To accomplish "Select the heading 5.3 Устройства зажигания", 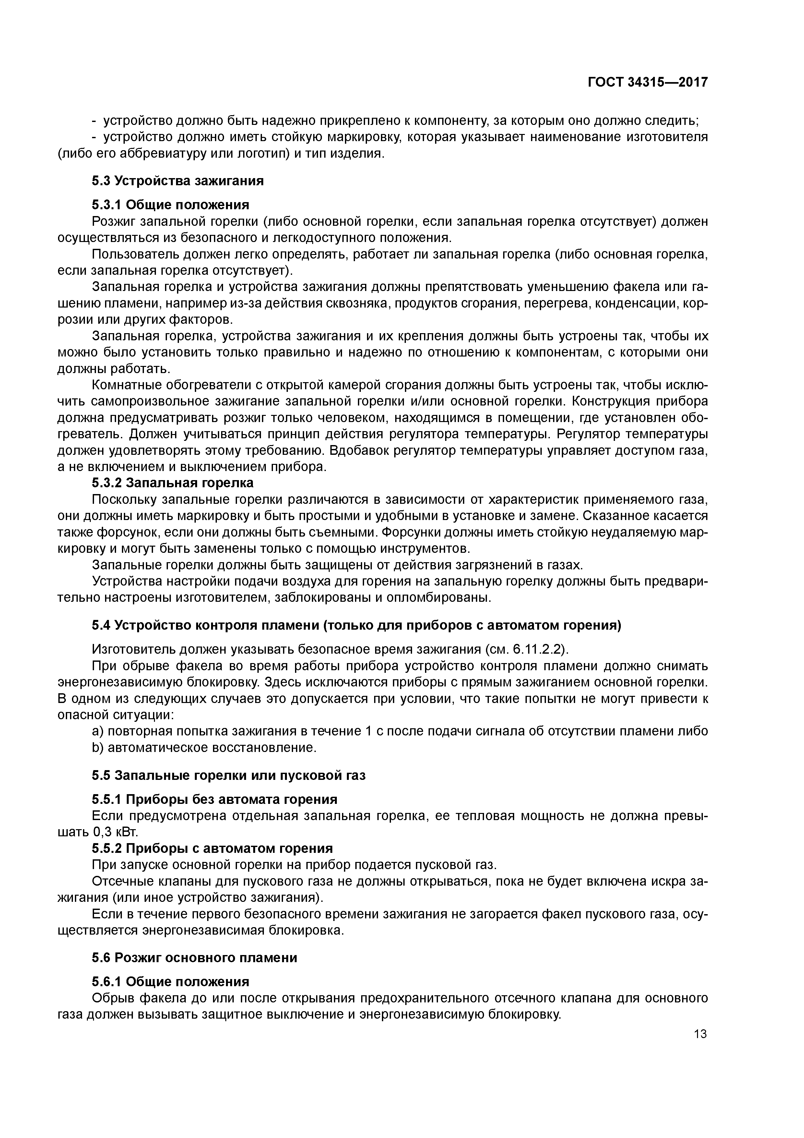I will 177,181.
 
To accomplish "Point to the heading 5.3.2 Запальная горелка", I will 172,483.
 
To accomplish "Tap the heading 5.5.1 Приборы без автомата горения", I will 215,799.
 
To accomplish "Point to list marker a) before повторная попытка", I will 98,731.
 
